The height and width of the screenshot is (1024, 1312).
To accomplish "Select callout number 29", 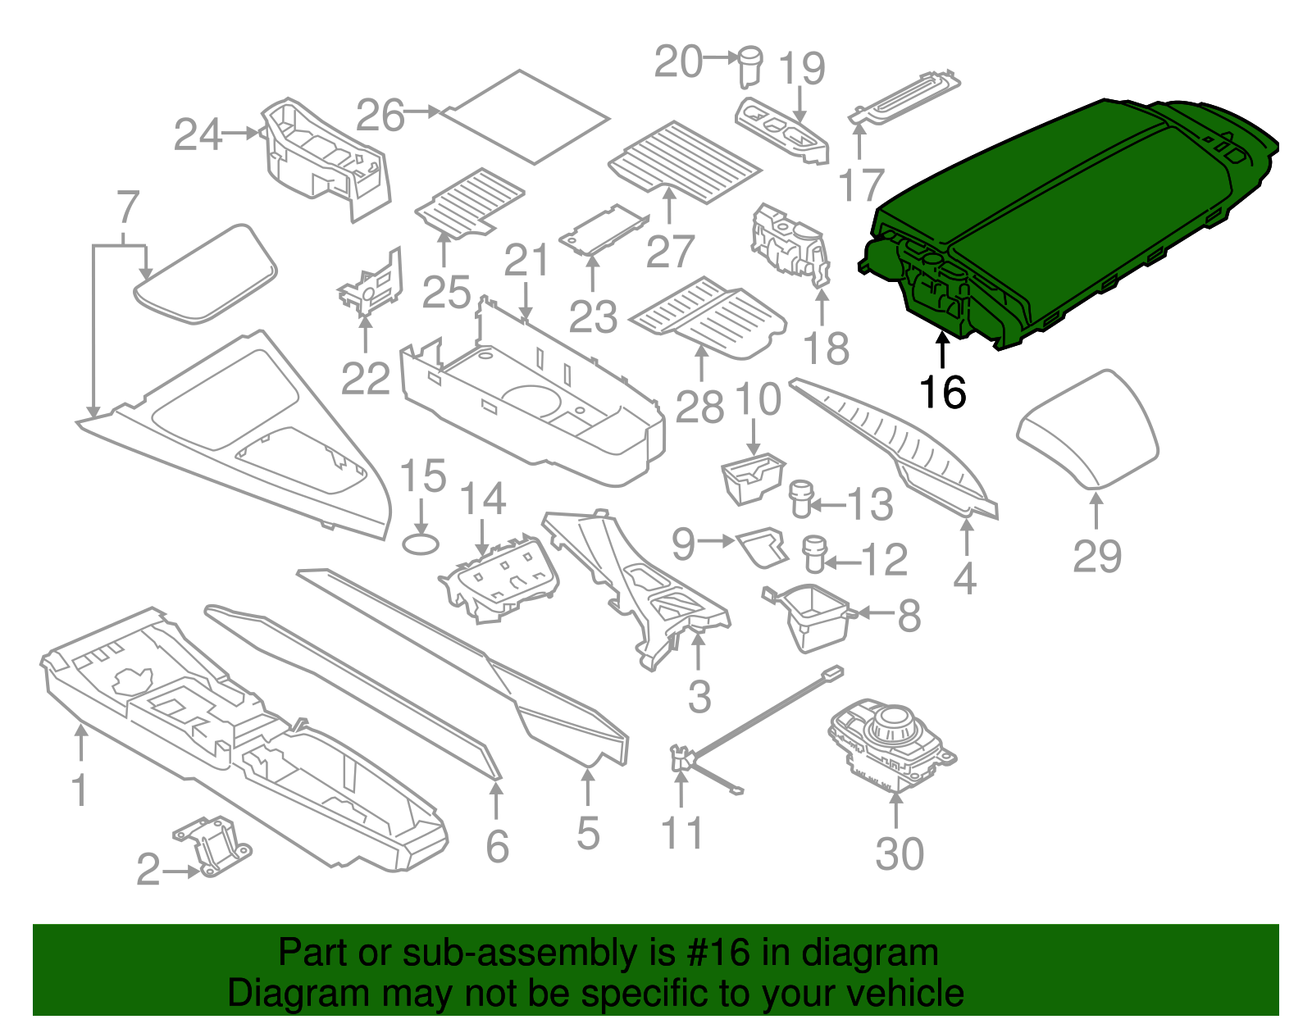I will [x=1097, y=557].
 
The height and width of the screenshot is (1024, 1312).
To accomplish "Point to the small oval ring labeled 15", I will [x=421, y=544].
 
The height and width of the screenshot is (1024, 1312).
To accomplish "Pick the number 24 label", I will [x=198, y=134].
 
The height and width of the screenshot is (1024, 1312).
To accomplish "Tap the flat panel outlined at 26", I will [x=525, y=117].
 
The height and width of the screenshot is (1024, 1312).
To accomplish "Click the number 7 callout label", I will [x=128, y=208].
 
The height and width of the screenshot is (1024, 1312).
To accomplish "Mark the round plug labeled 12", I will [x=813, y=553].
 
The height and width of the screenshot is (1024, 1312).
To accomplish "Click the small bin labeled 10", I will [x=750, y=480].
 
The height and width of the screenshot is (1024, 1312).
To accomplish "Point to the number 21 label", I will [x=526, y=262].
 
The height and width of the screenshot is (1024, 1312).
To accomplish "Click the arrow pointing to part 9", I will [x=718, y=540].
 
